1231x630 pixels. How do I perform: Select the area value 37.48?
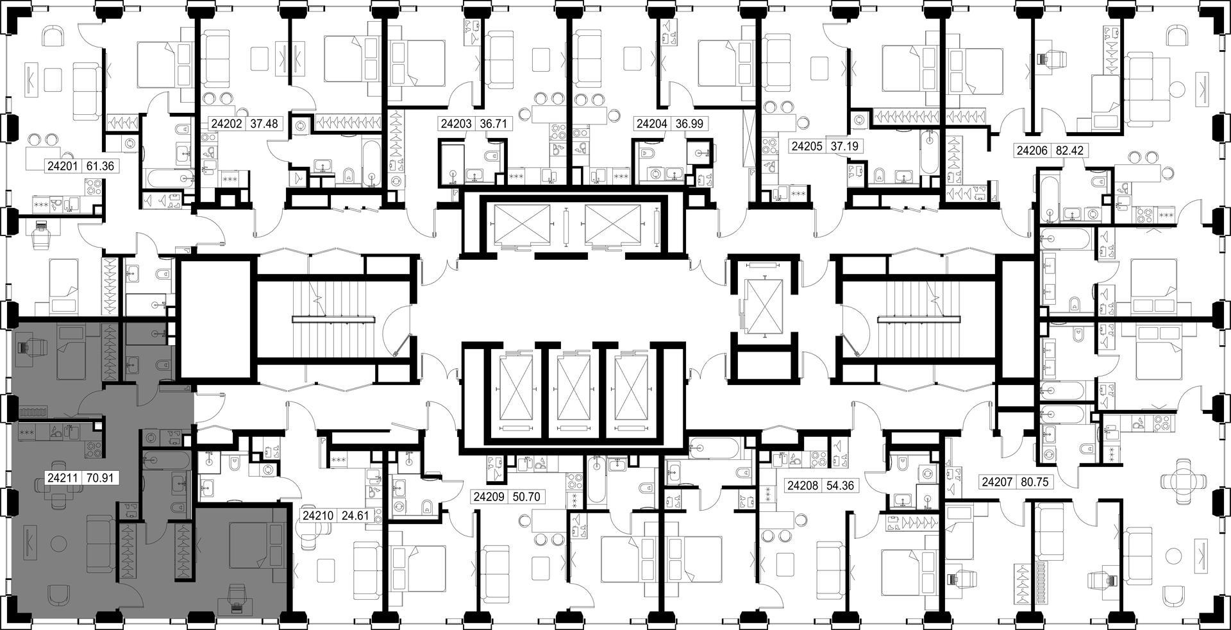(x=264, y=124)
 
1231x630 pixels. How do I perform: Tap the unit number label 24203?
(x=456, y=124)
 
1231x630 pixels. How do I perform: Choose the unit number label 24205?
(x=807, y=146)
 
